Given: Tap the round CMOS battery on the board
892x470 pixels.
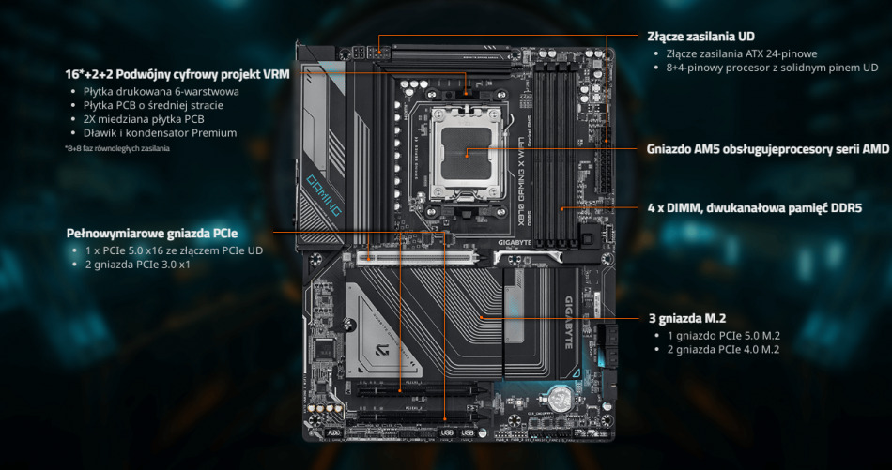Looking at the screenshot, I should click(561, 398).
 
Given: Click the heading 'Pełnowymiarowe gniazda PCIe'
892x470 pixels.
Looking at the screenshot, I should click(151, 233).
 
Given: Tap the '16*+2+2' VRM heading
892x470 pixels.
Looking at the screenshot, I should click(177, 73).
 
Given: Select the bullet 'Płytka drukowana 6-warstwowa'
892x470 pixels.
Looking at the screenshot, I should click(161, 92).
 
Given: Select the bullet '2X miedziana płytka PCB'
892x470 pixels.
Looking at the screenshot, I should click(144, 119).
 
